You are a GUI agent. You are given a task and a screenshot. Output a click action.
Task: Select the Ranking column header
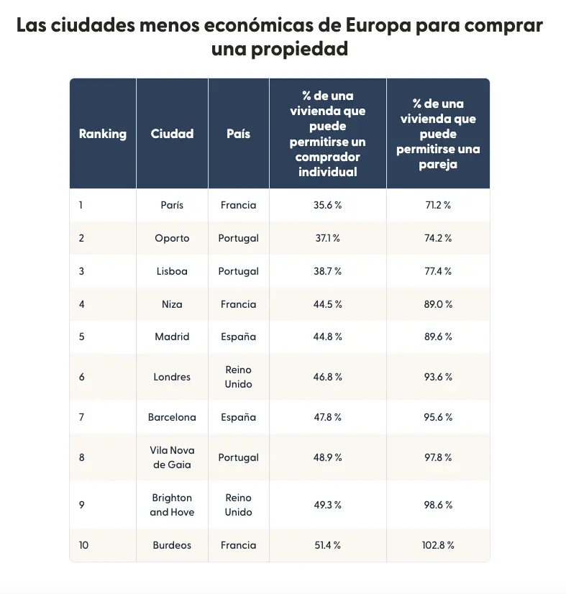point(102,134)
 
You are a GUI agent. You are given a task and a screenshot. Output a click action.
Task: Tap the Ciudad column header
point(172,134)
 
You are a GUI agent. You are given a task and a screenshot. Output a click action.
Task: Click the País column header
point(238,134)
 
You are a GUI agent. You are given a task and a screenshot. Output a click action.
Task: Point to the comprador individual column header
point(327,134)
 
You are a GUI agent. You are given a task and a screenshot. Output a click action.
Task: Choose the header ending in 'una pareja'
point(437,134)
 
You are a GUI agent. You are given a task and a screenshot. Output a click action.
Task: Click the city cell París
point(172,205)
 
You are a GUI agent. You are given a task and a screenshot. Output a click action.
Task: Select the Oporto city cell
point(172,238)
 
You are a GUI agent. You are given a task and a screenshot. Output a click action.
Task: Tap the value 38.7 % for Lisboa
point(327,271)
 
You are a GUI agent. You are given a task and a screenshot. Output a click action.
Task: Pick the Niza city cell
point(172,304)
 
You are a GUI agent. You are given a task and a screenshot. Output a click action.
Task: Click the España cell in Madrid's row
point(238,337)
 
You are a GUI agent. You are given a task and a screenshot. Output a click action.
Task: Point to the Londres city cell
point(172,377)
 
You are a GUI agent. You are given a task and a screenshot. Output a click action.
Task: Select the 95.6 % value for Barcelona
point(437,417)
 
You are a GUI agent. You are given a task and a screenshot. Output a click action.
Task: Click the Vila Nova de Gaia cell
point(172,457)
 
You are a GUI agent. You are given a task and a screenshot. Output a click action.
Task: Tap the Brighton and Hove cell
point(172,505)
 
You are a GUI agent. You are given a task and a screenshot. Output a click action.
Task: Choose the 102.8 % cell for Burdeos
point(437,545)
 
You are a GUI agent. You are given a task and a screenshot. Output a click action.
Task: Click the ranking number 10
point(83,545)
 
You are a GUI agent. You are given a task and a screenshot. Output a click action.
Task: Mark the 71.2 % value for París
point(437,205)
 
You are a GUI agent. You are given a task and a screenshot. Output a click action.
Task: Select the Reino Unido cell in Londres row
point(238,377)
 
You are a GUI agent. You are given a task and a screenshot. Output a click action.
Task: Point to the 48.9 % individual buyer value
point(327,457)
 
